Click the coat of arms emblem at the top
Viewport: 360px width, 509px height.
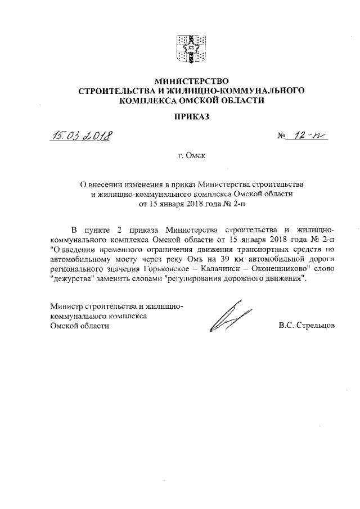[188, 49]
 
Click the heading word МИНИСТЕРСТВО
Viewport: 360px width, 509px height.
[188, 80]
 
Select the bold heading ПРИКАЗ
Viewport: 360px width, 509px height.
[188, 116]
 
